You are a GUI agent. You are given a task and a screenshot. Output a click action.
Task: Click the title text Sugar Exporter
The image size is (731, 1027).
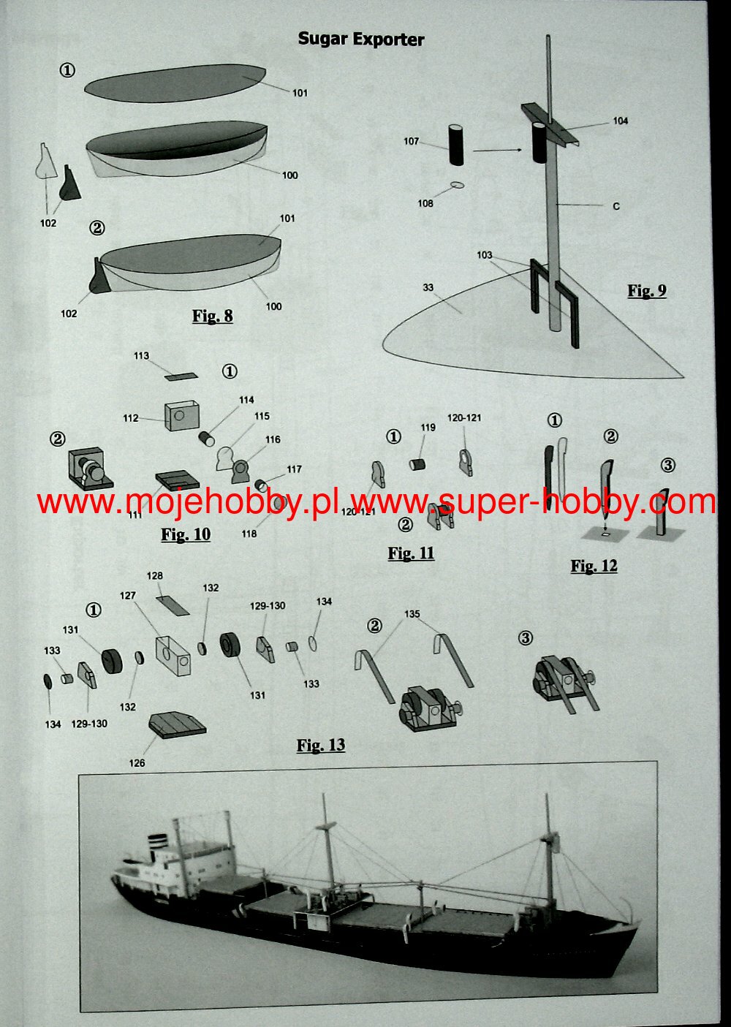pyautogui.click(x=361, y=39)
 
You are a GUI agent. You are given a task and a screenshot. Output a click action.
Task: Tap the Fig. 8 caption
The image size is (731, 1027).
pyautogui.click(x=212, y=316)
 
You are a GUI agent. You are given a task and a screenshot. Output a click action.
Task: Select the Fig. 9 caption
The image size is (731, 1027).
pyautogui.click(x=647, y=291)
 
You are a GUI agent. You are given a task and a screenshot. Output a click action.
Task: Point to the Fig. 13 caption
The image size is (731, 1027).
pyautogui.click(x=321, y=745)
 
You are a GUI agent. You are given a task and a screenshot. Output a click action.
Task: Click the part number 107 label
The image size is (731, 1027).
pyautogui.click(x=411, y=141)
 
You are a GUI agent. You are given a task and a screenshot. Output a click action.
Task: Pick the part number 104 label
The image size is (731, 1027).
pyautogui.click(x=621, y=121)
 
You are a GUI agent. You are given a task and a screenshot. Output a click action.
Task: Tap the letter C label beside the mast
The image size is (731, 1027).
pyautogui.click(x=616, y=206)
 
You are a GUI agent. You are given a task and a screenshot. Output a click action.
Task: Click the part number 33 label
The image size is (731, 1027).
pyautogui.click(x=428, y=287)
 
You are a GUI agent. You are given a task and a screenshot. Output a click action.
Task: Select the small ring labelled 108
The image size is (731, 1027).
pyautogui.click(x=457, y=185)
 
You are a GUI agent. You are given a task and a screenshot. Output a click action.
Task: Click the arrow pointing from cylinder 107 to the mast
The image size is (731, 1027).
pyautogui.click(x=497, y=150)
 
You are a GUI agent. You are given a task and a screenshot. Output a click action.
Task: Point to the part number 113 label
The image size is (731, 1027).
pyautogui.click(x=141, y=356)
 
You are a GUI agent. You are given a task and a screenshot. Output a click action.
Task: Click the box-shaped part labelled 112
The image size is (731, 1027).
pyautogui.click(x=181, y=416)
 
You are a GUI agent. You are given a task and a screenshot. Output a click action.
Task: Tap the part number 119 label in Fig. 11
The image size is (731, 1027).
pyautogui.click(x=428, y=428)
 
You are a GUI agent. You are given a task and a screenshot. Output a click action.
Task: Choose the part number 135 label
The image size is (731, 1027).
pyautogui.click(x=412, y=614)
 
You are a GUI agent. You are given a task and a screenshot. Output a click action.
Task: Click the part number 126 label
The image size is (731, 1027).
pyautogui.click(x=137, y=763)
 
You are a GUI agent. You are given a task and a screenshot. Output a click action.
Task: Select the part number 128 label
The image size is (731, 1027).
pyautogui.click(x=154, y=575)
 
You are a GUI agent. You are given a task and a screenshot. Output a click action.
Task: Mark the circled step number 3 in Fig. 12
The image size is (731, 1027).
pyautogui.click(x=667, y=466)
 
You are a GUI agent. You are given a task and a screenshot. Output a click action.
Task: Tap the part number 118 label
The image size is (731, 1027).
pyautogui.click(x=249, y=534)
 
